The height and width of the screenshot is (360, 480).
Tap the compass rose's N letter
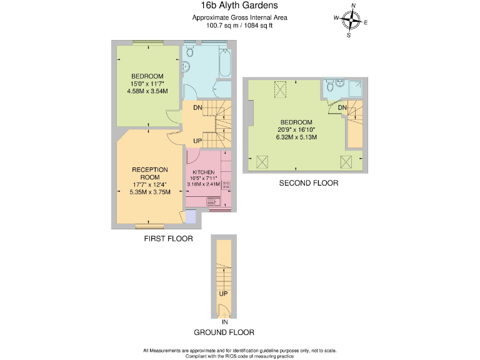pos(353,6)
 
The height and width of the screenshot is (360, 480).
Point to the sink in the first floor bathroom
pos(186,67)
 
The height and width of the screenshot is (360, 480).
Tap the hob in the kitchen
pos(226,186)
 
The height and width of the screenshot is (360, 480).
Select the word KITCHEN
pos(204,172)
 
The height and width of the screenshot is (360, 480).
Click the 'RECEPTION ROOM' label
pos(150,173)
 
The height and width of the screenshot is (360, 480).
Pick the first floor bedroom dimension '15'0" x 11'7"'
pos(147,84)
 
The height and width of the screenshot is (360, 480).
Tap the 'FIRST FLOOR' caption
pos(168,239)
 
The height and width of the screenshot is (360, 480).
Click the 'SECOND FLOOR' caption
pos(309,183)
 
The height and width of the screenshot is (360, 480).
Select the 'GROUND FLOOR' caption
pos(224,332)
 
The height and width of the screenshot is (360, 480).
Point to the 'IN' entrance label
pos(224,321)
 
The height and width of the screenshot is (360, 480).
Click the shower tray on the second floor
pos(356,89)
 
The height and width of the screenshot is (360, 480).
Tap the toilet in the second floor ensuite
pos(339,83)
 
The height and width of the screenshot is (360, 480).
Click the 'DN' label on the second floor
pos(342,108)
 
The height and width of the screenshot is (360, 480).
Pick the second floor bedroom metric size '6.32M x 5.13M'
pos(297,137)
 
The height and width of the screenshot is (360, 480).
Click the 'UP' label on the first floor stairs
pos(197,141)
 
